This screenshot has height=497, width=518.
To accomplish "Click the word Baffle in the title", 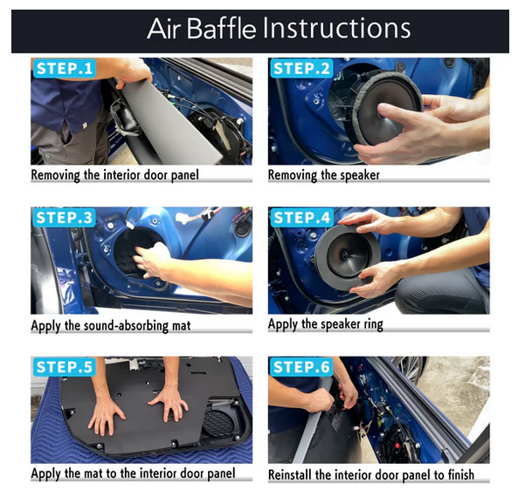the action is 221,29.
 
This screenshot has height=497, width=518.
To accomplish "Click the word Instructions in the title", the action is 336,29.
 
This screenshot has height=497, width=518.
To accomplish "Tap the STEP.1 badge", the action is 65,69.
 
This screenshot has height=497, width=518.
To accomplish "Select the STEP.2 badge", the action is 301,69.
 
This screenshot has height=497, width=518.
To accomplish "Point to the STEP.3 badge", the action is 65,218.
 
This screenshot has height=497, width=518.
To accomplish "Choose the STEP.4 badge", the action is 301,218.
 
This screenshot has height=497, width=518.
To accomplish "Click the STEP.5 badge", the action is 65,367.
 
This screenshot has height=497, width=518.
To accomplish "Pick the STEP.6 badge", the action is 301,367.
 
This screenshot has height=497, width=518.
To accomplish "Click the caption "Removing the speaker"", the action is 324,175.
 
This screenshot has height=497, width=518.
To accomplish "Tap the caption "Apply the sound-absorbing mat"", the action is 111,326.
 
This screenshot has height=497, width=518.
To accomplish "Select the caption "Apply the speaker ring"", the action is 326,324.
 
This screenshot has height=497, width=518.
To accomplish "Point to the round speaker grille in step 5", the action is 218,424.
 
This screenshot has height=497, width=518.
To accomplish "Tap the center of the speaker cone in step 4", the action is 346,255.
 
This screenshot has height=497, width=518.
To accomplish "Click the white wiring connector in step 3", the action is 182,217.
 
